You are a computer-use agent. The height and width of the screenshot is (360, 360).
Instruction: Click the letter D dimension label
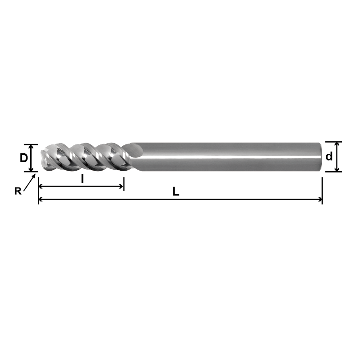[x=24, y=158]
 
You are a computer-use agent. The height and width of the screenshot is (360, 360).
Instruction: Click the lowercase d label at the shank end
[x=329, y=156]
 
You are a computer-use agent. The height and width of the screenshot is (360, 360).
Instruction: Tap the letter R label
[x=18, y=191]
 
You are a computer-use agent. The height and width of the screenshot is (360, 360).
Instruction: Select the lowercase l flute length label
[x=82, y=178]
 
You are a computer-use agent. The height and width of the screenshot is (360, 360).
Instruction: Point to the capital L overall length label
[x=176, y=192]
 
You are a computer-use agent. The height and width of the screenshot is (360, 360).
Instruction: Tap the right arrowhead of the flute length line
[x=121, y=187]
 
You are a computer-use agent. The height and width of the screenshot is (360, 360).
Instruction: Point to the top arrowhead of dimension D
[x=31, y=147]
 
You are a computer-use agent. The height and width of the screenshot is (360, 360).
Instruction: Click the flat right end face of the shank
[x=320, y=156]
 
